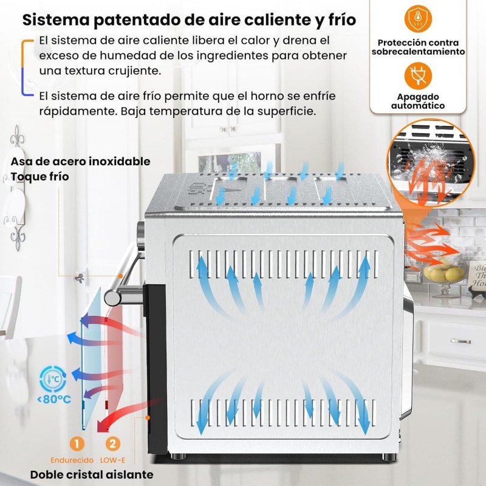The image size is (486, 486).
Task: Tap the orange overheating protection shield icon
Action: [x=418, y=19]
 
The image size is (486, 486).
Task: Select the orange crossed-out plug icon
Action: [x=418, y=77]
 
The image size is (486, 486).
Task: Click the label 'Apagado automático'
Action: [x=418, y=101]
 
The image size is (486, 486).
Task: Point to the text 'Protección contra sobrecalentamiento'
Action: [x=418, y=47]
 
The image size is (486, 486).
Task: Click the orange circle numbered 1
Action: [x=77, y=443]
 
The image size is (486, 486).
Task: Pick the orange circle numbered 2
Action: [x=112, y=443]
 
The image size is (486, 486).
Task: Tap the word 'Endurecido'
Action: [x=72, y=460]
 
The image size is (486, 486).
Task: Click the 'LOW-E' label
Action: [x=112, y=460]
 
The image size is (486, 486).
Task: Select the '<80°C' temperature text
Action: [x=54, y=399]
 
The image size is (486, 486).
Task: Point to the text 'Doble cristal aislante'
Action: [x=92, y=474]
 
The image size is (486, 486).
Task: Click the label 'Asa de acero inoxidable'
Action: [x=81, y=162]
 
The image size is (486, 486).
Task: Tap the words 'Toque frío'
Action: [x=39, y=177]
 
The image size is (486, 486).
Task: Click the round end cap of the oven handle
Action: [x=112, y=297]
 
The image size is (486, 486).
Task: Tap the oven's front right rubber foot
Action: [x=389, y=457]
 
